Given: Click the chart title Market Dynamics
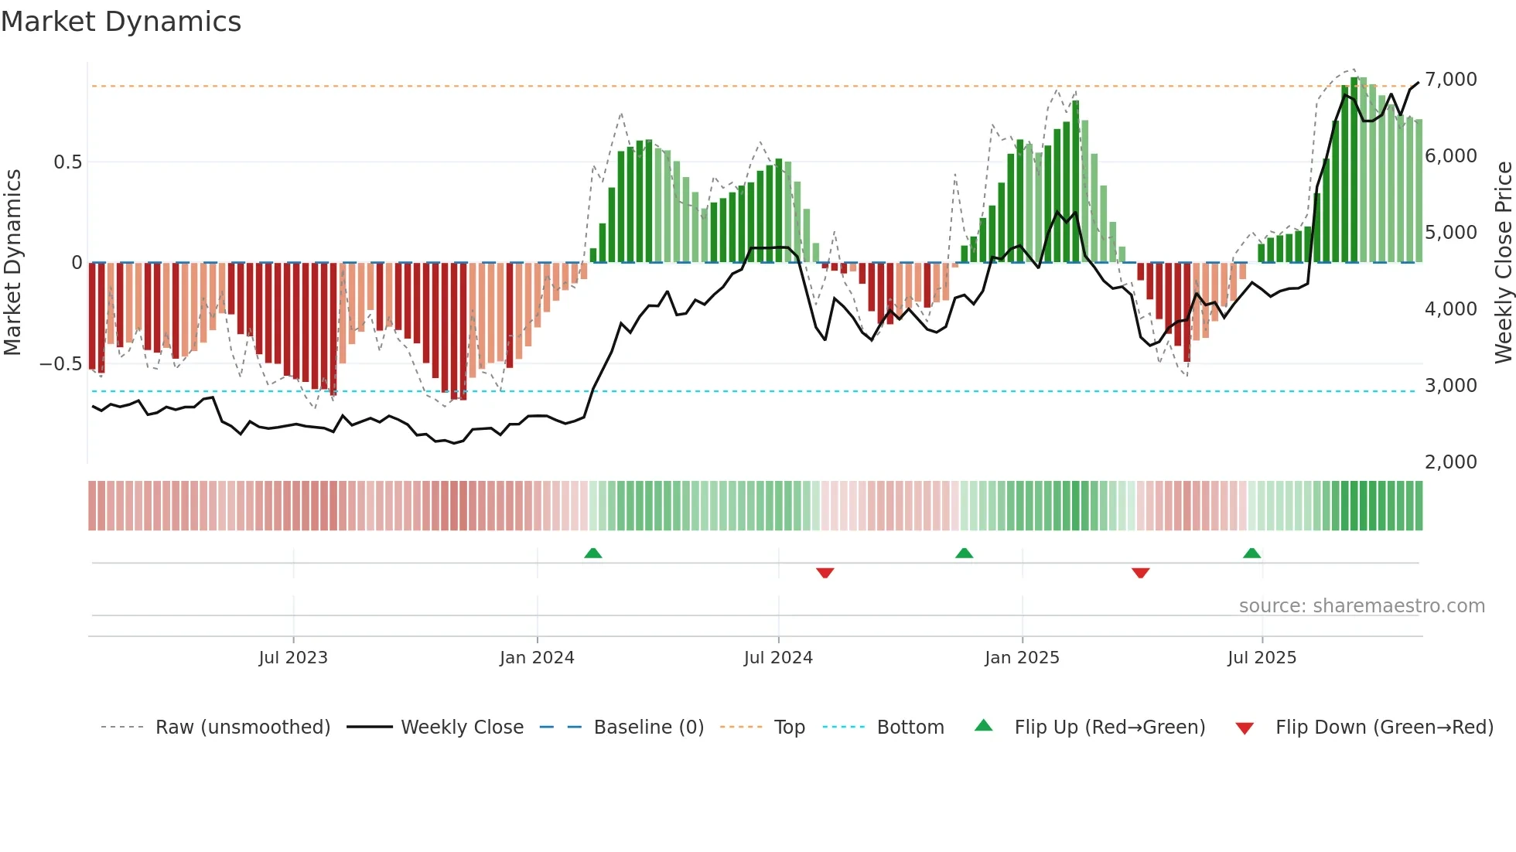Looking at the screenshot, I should [x=121, y=22].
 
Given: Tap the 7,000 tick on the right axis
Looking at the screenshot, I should [x=1450, y=80].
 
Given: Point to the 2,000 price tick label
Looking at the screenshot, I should [x=1450, y=462].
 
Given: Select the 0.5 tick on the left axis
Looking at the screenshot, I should [x=67, y=162].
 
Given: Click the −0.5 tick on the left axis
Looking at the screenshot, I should [x=60, y=364].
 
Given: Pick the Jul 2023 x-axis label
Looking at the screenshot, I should [x=293, y=658].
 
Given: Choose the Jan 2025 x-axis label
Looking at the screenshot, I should [x=1022, y=658].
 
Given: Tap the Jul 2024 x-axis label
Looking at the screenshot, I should [x=778, y=658].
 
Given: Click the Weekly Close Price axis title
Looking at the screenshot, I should [x=1503, y=262].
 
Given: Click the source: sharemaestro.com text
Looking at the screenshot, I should [x=1361, y=606].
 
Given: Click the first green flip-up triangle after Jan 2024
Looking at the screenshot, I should [x=593, y=553].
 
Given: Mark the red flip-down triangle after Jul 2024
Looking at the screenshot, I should [x=825, y=573].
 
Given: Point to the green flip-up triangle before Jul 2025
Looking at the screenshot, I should [x=1251, y=553].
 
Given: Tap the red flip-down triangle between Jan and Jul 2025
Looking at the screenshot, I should [x=1140, y=573].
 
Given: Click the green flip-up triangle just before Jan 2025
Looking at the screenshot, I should [x=964, y=553].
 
